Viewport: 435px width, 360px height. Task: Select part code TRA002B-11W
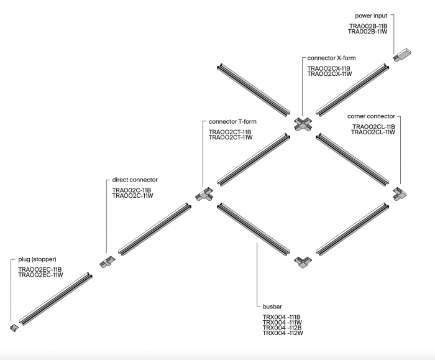(368, 32)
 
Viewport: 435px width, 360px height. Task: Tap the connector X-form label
(331, 58)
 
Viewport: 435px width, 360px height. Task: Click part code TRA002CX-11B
(329, 68)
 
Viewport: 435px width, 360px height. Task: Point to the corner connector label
(371, 116)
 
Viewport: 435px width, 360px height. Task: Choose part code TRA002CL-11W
(373, 132)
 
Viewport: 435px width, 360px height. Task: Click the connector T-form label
(232, 121)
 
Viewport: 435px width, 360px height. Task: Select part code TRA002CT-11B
(230, 132)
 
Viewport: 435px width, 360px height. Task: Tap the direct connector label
(135, 180)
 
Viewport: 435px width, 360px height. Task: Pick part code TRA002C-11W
(132, 196)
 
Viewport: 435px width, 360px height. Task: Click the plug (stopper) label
(38, 259)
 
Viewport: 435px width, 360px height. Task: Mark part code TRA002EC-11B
(40, 269)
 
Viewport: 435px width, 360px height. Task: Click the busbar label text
(272, 307)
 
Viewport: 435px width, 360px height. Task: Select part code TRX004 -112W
(282, 334)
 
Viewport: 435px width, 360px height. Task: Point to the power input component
(401, 53)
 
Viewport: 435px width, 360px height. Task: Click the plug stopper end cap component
(14, 326)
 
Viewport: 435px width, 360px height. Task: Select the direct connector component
(106, 261)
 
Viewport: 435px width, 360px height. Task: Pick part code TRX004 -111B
(282, 317)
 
